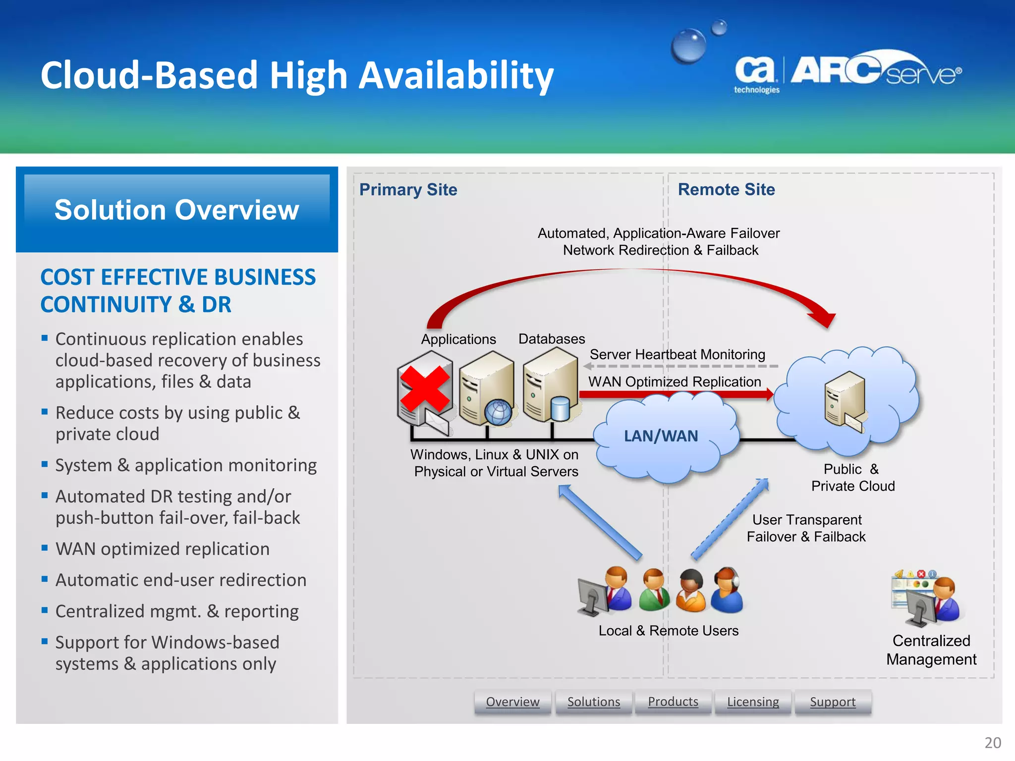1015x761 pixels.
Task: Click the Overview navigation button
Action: (x=512, y=702)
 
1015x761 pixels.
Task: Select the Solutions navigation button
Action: (x=593, y=702)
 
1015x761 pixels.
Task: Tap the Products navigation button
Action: (x=673, y=702)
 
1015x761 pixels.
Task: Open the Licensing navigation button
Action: (x=753, y=702)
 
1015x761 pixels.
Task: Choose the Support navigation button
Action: (x=833, y=702)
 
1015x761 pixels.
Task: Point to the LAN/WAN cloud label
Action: (x=661, y=436)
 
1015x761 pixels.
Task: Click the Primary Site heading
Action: (x=408, y=190)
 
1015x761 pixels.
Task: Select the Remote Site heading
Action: (x=726, y=190)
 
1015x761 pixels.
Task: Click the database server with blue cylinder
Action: (x=551, y=386)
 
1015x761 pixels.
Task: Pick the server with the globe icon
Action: (x=487, y=389)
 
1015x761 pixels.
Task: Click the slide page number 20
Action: (x=992, y=743)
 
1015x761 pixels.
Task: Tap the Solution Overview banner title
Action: (x=177, y=210)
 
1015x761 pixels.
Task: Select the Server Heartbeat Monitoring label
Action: (x=677, y=355)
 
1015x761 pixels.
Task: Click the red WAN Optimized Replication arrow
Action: (x=674, y=394)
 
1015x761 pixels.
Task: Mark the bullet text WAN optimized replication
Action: (x=163, y=549)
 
